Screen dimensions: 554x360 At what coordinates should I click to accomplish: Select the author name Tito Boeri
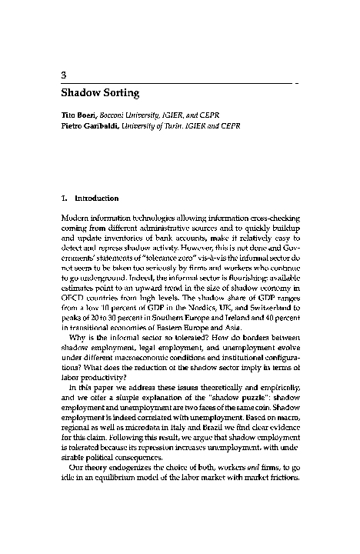coord(78,114)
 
